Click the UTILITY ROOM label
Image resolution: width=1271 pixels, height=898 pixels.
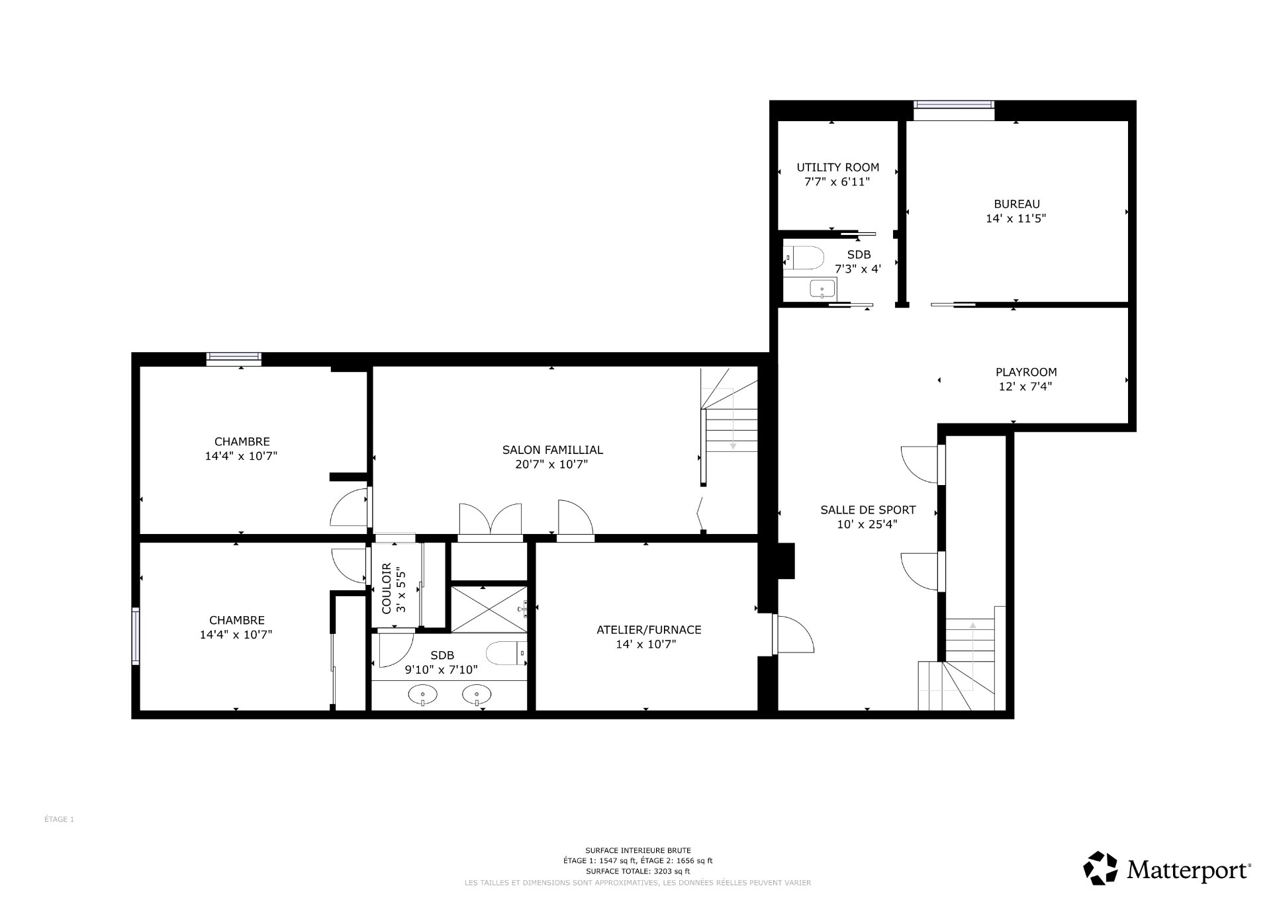click(837, 167)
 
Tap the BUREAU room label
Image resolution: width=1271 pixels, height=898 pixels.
click(1016, 204)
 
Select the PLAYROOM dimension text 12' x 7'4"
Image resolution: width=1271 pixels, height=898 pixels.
click(1025, 386)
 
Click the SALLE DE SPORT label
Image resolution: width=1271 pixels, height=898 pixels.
click(867, 510)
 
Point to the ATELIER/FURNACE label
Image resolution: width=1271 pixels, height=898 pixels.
click(648, 630)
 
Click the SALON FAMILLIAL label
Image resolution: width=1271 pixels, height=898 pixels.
click(552, 450)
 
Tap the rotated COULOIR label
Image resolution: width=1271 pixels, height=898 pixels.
click(387, 588)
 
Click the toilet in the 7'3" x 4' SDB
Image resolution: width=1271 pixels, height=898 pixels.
click(804, 257)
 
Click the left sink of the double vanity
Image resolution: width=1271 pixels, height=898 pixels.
click(422, 695)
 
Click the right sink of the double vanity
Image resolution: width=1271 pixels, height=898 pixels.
click(477, 695)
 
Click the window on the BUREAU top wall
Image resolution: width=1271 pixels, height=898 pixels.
click(953, 105)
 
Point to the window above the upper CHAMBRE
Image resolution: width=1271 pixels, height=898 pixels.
click(234, 358)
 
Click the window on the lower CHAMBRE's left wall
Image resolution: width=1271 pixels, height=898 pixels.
click(135, 636)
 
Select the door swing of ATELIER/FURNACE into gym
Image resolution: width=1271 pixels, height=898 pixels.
click(794, 635)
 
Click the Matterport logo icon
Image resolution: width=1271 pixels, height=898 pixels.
click(1100, 868)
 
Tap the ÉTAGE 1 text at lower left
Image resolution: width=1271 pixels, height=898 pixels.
click(59, 819)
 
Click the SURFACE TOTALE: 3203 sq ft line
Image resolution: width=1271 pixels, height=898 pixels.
click(637, 872)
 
